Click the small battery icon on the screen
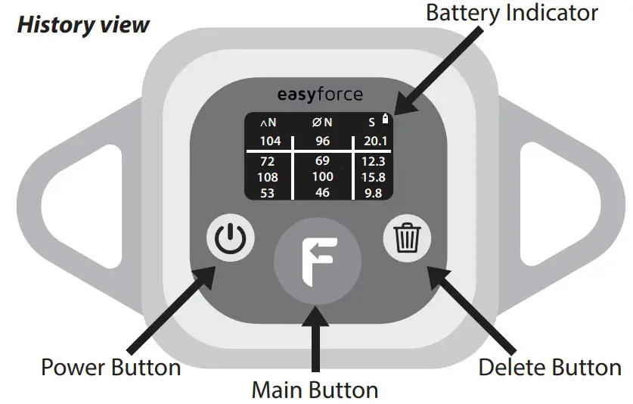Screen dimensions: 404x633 click(386, 119)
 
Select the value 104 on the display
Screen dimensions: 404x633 click(270, 141)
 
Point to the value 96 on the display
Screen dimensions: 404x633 click(323, 141)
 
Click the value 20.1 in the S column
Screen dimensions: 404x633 click(375, 141)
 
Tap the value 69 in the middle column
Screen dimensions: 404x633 click(323, 161)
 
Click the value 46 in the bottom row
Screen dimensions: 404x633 click(323, 193)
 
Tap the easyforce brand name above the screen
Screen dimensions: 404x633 click(318, 95)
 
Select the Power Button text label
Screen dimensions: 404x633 click(110, 368)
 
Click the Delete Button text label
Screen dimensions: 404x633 click(550, 368)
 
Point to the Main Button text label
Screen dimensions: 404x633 click(315, 390)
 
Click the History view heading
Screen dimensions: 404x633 click(83, 24)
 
